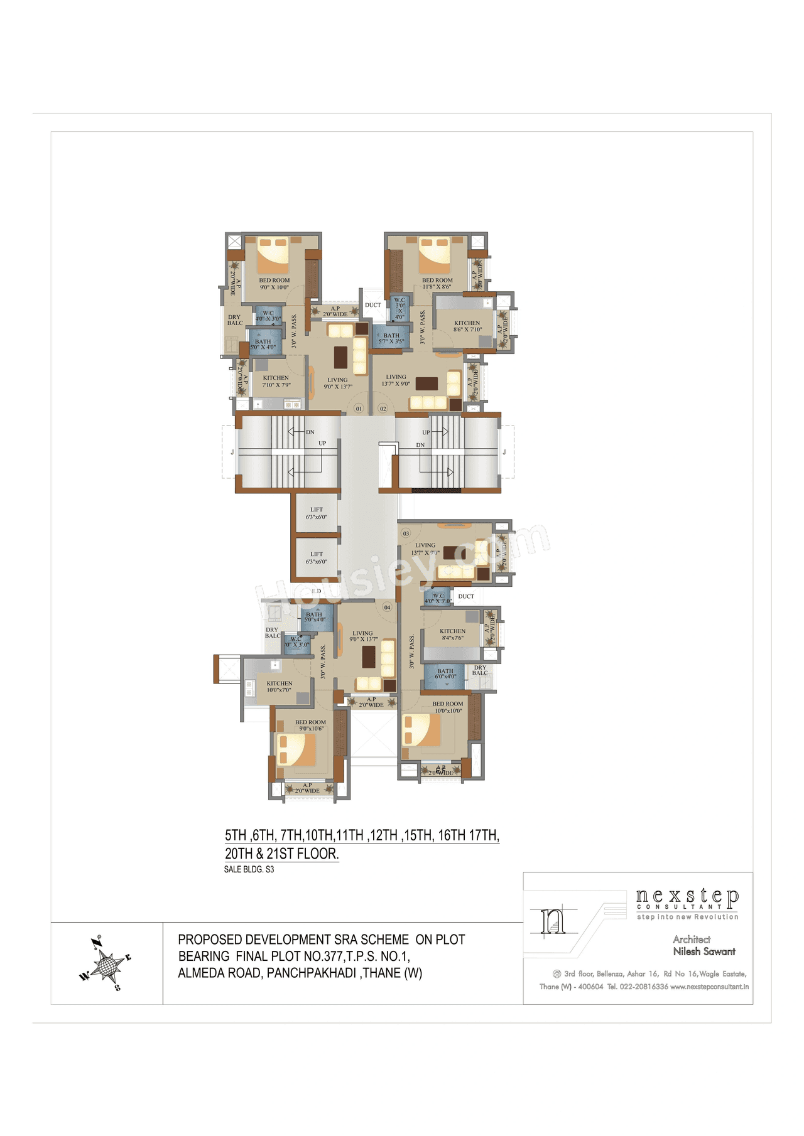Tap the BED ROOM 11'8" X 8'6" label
point(437,283)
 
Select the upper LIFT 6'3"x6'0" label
point(317,513)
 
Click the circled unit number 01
point(359,409)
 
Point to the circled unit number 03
point(406,533)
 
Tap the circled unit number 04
point(387,607)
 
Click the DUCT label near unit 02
point(373,305)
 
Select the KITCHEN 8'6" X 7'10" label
point(467,326)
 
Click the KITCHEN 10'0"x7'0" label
point(280,687)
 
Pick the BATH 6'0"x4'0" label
point(445,673)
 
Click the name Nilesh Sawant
point(704,951)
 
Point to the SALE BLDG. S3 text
point(249,869)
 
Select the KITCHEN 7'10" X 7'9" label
point(276,382)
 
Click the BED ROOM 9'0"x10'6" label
point(310,725)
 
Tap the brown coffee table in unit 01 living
point(340,357)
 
